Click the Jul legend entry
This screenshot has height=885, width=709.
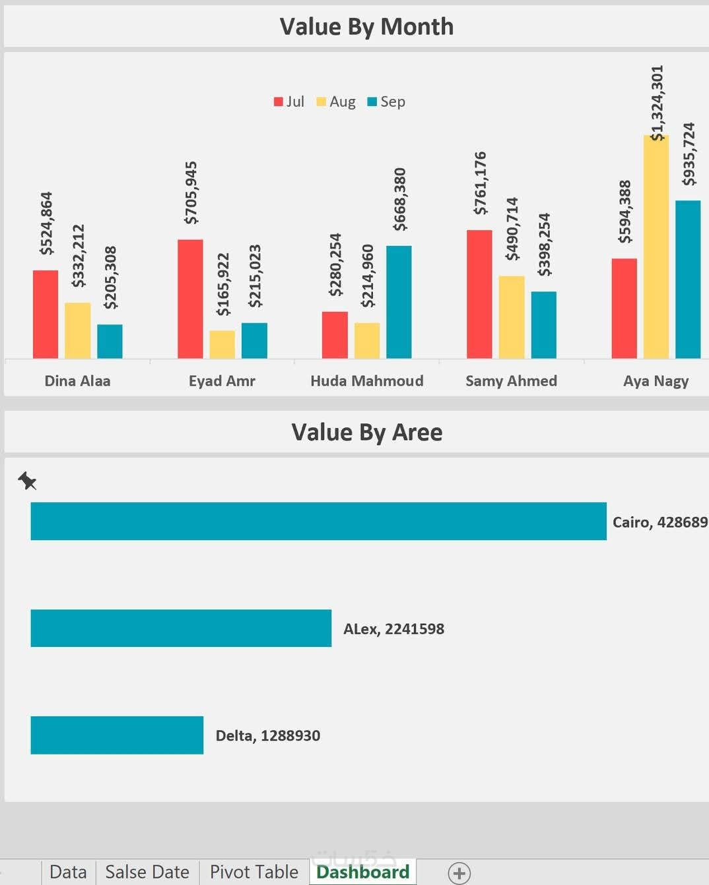click(x=289, y=102)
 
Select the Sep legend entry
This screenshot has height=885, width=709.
click(x=386, y=102)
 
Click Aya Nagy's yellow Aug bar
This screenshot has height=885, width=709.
click(x=656, y=247)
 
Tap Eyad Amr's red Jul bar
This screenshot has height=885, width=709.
click(x=190, y=299)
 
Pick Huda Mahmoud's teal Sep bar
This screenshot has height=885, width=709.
click(x=399, y=302)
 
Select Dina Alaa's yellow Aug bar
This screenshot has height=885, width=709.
click(x=78, y=330)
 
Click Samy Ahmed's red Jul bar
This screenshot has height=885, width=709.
click(x=479, y=294)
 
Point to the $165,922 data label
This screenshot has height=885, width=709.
click(x=223, y=284)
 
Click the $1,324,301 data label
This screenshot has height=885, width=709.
click(x=657, y=103)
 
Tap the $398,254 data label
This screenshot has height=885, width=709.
click(x=544, y=244)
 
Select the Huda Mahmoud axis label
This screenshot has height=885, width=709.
click(x=366, y=381)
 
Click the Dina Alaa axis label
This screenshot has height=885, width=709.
click(x=77, y=381)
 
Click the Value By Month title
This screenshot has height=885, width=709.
click(x=366, y=26)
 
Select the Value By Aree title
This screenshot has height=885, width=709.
click(x=366, y=432)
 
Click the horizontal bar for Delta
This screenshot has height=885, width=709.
click(x=117, y=735)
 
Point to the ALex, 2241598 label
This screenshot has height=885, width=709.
click(x=393, y=629)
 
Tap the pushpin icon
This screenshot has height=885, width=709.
click(x=27, y=481)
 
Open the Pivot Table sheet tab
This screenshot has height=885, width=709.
click(x=253, y=872)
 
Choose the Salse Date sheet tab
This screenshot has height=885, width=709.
click(x=147, y=872)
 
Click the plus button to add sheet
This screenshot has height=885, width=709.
click(x=459, y=873)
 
